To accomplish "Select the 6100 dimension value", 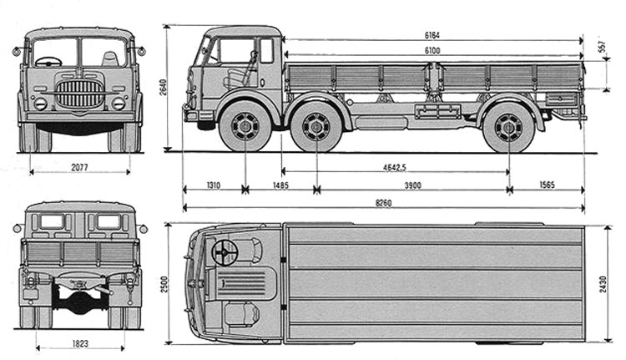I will point(432,51).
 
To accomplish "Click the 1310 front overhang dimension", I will point(213,185).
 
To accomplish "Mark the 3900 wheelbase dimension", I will point(412,185).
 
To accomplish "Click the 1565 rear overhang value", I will point(547,185).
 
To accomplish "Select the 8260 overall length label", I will point(383,202).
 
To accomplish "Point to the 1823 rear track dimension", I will point(79,342).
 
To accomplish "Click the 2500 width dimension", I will point(170,282).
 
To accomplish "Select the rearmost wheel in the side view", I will point(507,129).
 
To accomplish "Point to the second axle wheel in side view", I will point(317,129).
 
